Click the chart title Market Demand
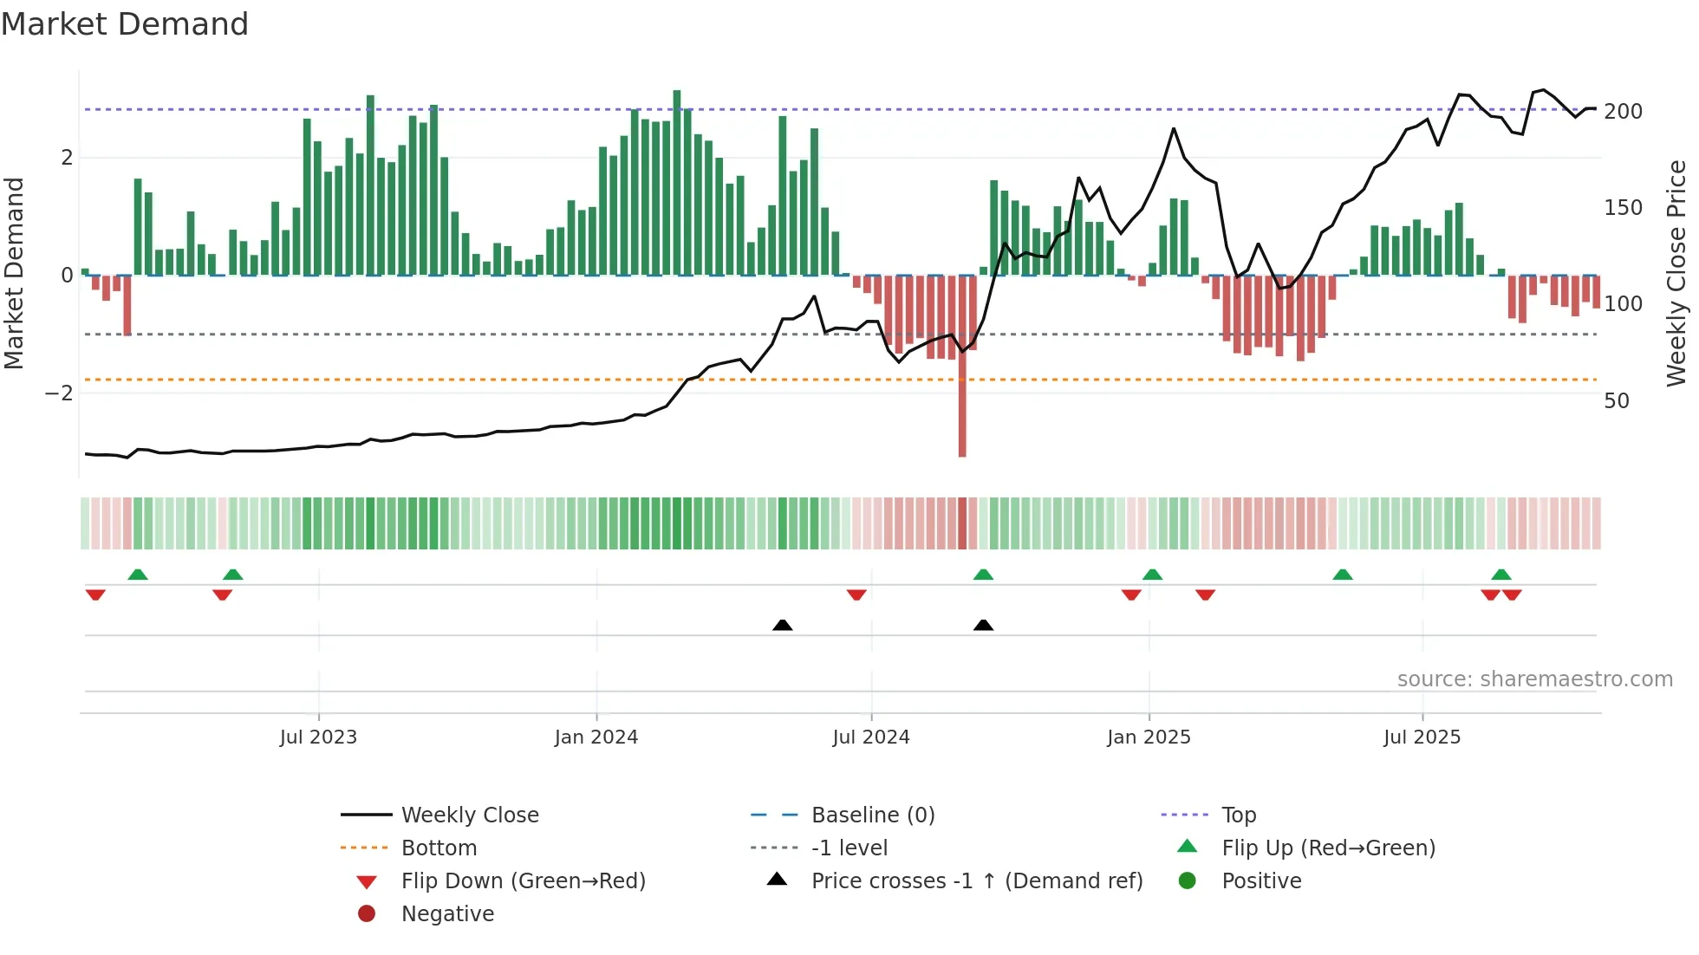125,23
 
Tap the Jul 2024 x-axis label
871,737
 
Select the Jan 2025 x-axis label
1149,737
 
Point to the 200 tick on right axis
1623,112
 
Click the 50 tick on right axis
1617,401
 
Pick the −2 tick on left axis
59,393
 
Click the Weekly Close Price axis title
1676,273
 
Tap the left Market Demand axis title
14,273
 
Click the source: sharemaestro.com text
1534,679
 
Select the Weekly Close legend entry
469,815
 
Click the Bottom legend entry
439,848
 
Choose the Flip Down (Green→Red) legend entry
523,881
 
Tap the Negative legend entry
447,914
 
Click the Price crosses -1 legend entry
976,881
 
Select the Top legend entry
1239,815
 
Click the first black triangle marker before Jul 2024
782,625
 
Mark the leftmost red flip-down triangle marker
95,594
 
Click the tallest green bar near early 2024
677,182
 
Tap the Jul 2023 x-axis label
318,737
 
